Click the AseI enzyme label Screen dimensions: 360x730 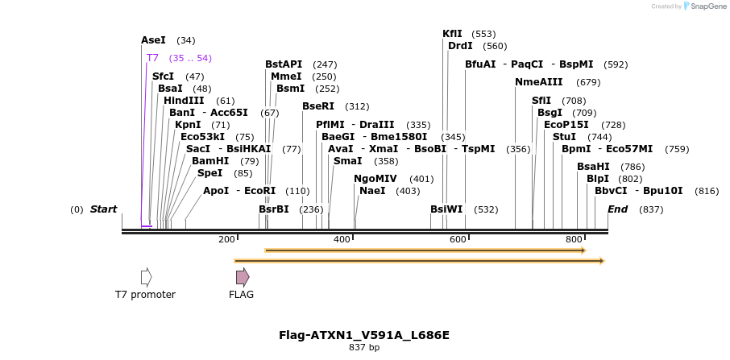pyautogui.click(x=153, y=40)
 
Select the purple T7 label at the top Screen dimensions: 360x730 pyautogui.click(x=152, y=58)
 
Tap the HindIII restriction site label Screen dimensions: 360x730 pyautogui.click(x=184, y=101)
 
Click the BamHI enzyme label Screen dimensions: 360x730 pyautogui.click(x=210, y=161)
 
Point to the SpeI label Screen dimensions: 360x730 pyautogui.click(x=209, y=173)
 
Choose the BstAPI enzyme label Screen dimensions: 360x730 pyautogui.click(x=284, y=64)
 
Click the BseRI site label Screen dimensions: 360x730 pyautogui.click(x=318, y=106)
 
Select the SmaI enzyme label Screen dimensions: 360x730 pyautogui.click(x=347, y=161)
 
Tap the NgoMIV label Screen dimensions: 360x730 pyautogui.click(x=375, y=179)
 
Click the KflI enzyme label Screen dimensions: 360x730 pyautogui.click(x=452, y=34)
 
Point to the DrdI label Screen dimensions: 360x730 pyautogui.click(x=460, y=46)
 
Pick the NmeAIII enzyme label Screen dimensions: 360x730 pyautogui.click(x=539, y=82)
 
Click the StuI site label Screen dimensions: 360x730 pyautogui.click(x=564, y=137)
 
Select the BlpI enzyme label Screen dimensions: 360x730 pyautogui.click(x=598, y=179)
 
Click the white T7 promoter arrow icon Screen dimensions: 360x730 pyautogui.click(x=146, y=277)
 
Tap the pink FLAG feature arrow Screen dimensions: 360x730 pyautogui.click(x=242, y=277)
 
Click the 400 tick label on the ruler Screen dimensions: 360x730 pyautogui.click(x=342, y=240)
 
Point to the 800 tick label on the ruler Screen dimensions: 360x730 pyautogui.click(x=574, y=240)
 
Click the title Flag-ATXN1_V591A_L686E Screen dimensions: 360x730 pyautogui.click(x=364, y=335)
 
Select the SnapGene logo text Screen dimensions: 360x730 pyautogui.click(x=706, y=6)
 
